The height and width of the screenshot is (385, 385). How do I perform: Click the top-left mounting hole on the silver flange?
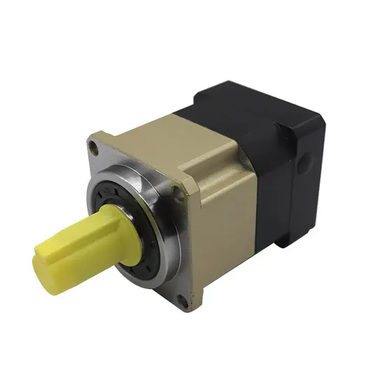94,146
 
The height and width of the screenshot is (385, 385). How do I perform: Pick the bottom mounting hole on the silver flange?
183,302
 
